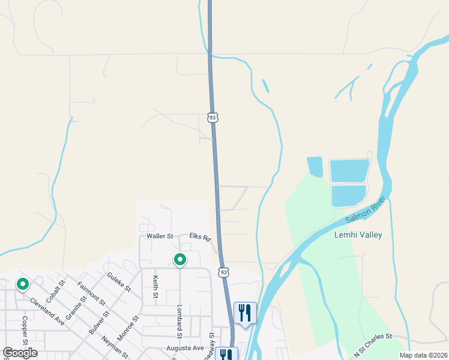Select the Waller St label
(160, 236)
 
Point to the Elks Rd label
(200, 238)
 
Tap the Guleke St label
(119, 281)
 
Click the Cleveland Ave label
(47, 311)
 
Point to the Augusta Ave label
(185, 348)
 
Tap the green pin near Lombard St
(179, 260)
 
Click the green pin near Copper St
(23, 283)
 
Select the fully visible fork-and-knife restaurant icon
(245, 313)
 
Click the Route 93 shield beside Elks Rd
(223, 272)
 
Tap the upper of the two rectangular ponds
(349, 171)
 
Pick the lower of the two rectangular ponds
(348, 196)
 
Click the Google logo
(20, 353)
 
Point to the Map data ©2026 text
(424, 355)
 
